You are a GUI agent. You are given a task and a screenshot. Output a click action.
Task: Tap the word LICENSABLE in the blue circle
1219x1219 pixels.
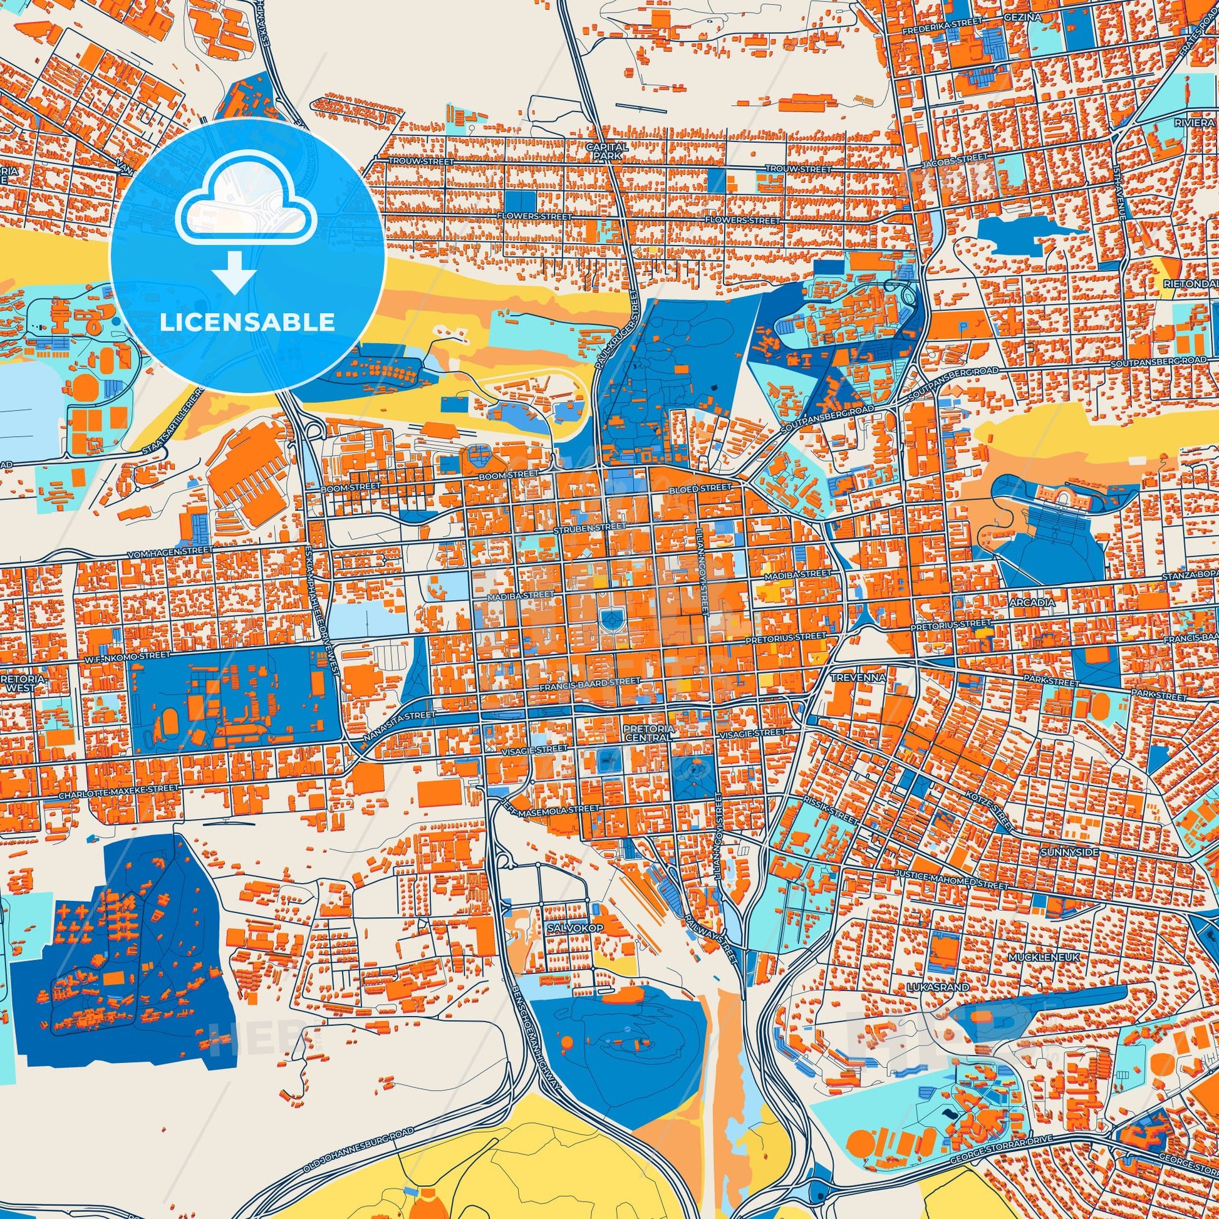pyautogui.click(x=247, y=323)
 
